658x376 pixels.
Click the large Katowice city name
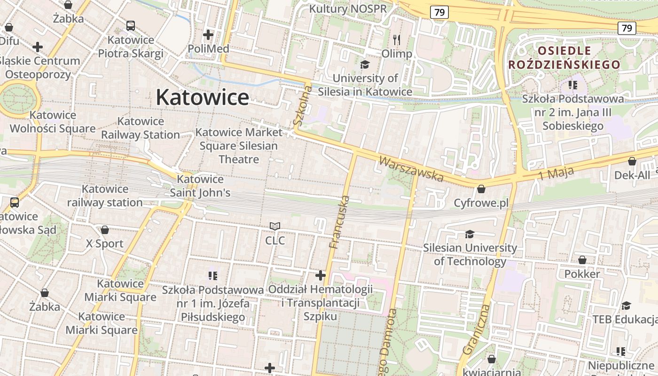point(202,97)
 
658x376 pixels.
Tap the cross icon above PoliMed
point(208,35)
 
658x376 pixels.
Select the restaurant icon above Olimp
point(397,40)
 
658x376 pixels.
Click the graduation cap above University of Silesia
point(365,64)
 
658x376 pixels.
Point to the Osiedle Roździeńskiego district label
point(564,57)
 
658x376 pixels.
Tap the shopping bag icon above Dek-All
point(632,161)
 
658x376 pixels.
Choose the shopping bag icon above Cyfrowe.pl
point(481,189)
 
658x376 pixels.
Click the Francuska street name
point(339,222)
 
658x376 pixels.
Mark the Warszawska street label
point(411,169)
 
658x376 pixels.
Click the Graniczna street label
point(477,329)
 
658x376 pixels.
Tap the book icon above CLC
point(275,227)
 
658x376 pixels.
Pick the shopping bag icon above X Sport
point(105,230)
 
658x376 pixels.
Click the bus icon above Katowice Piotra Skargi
point(131,26)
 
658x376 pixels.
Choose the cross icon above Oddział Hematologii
point(321,275)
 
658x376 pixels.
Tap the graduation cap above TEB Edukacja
point(626,306)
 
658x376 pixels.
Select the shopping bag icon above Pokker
point(582,260)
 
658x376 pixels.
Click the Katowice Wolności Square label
point(53,122)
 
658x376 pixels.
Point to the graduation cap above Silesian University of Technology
point(470,234)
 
